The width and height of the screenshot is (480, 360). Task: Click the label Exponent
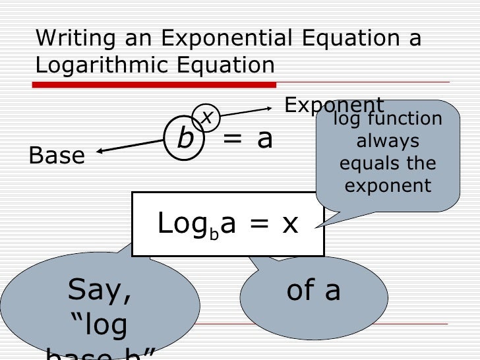point(334,105)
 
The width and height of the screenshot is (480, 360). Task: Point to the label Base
point(57,156)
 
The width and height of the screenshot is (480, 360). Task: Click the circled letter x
point(207,117)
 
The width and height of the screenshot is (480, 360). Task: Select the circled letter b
point(185,139)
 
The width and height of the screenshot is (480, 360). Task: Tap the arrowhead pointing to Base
point(100,152)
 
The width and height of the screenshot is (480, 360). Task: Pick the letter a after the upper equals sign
point(264,139)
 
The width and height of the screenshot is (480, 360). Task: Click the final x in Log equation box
point(290,224)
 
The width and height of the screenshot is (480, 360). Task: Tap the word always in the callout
point(388,141)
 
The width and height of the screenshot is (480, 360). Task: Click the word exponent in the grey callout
point(388,186)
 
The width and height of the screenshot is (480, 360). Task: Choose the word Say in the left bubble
point(99,291)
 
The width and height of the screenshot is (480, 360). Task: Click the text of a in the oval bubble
point(314,291)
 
